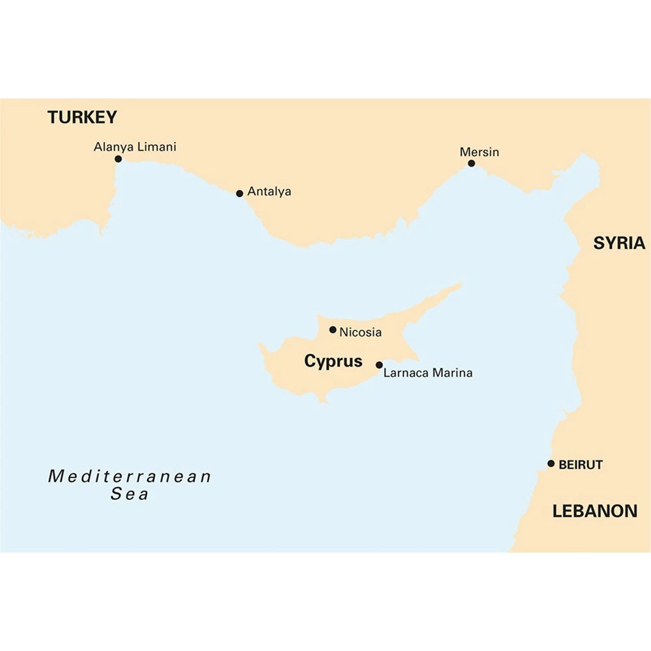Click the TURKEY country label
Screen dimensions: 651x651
82,117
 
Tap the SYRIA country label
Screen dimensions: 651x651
618,243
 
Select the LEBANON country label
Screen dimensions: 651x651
594,511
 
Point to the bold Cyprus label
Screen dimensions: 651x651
333,361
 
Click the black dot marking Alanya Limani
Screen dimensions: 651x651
118,159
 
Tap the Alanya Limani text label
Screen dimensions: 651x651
135,147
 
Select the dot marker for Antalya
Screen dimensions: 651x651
240,193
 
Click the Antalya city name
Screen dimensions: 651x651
269,192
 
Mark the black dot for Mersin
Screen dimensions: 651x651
471,163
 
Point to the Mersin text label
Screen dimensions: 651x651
479,152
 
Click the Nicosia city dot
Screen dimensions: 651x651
333,330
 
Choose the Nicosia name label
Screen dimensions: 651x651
360,333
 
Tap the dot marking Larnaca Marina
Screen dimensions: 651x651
380,365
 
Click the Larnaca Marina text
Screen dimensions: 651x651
428,374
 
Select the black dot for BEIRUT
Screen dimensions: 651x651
551,464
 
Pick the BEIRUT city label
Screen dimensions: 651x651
581,465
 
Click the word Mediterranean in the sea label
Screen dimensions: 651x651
130,476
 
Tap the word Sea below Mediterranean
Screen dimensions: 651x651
130,494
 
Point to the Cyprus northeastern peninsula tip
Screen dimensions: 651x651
460,284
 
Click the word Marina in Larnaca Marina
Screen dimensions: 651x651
451,374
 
